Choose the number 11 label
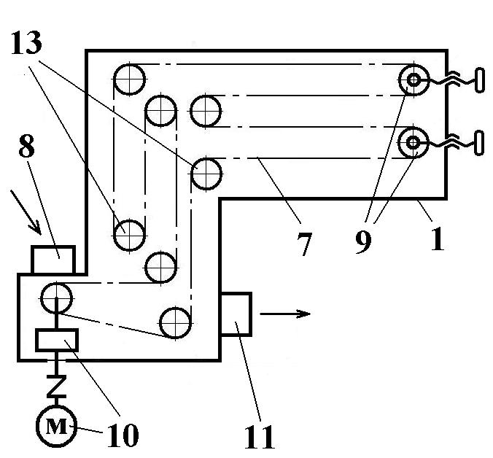click(x=259, y=435)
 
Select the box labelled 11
click(x=236, y=314)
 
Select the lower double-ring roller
click(x=414, y=141)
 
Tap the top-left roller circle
click(x=129, y=79)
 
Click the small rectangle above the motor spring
click(x=57, y=339)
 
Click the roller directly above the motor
click(x=56, y=298)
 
